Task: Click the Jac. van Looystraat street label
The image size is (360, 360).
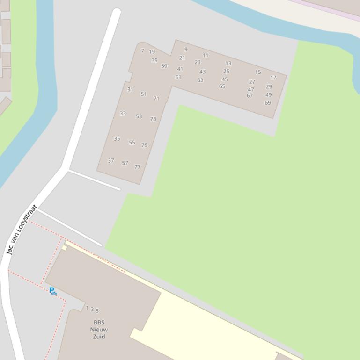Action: point(22,230)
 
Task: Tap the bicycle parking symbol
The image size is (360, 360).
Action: point(52,291)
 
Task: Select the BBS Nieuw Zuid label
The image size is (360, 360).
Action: point(99,330)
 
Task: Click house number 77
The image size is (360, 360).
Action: point(137,167)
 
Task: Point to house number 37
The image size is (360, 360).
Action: point(111,160)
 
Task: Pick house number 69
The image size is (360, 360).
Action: point(268,103)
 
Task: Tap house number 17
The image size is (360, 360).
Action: point(273,78)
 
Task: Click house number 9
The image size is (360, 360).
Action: point(186,49)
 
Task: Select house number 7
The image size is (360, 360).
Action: point(143,50)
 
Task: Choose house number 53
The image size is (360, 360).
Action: point(139,116)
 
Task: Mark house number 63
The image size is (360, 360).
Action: point(200,80)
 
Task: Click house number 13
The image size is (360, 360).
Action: point(228,63)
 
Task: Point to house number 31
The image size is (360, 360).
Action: point(130,89)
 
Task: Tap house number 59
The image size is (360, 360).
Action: point(164,66)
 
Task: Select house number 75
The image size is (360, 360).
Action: point(144,145)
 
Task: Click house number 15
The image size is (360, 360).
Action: point(258,72)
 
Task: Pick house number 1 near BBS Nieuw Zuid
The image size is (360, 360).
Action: point(87,308)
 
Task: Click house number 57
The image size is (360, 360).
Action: point(125,163)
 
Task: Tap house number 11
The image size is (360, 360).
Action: point(206,55)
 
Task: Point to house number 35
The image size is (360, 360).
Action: point(117,139)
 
